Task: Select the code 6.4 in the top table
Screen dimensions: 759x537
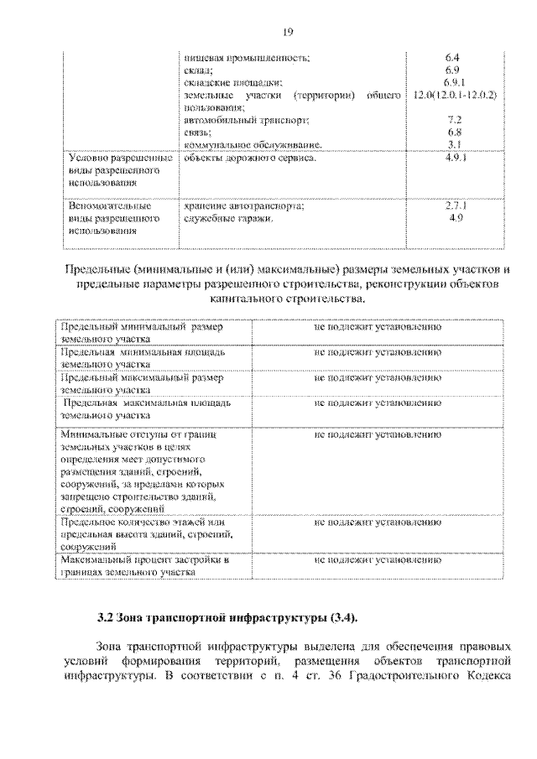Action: coord(453,57)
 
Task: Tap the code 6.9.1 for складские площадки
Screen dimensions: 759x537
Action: coord(453,82)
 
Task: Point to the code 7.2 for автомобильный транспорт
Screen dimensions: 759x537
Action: coord(453,120)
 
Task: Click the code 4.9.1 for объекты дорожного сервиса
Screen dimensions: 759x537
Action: coord(453,158)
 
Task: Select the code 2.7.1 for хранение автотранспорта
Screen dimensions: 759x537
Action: coord(453,205)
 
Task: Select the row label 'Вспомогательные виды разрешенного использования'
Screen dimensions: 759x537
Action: coord(113,217)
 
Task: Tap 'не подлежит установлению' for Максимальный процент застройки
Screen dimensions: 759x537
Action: coord(378,558)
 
